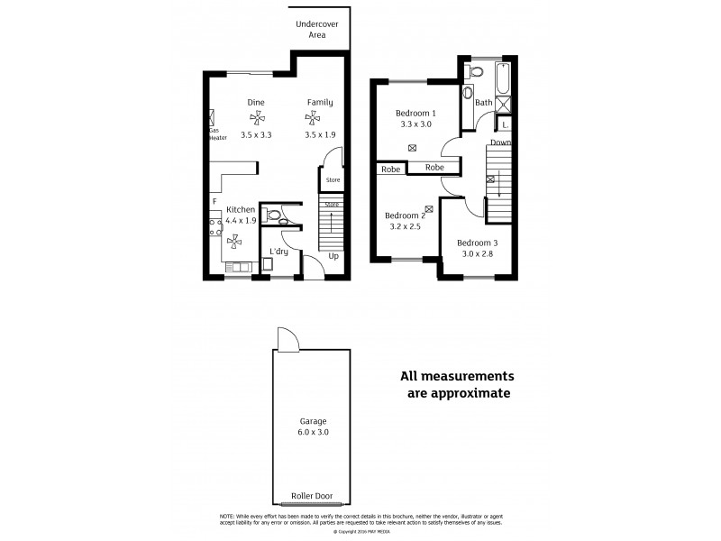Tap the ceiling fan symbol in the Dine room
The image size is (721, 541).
pyautogui.click(x=257, y=118)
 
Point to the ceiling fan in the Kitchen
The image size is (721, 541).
pyautogui.click(x=235, y=240)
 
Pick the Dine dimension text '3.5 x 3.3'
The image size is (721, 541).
pyautogui.click(x=257, y=134)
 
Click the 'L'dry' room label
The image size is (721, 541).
pyautogui.click(x=278, y=251)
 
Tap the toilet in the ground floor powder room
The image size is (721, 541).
pyautogui.click(x=274, y=215)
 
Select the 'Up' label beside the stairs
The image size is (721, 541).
pyautogui.click(x=333, y=255)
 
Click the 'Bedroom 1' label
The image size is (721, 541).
pyautogui.click(x=415, y=113)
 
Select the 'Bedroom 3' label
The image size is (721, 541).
pyautogui.click(x=476, y=243)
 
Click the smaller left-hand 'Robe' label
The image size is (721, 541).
pyautogui.click(x=390, y=169)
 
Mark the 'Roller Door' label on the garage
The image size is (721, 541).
pyautogui.click(x=313, y=495)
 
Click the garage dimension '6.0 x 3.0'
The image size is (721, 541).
pyautogui.click(x=313, y=433)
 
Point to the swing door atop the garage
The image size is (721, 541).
pyautogui.click(x=287, y=340)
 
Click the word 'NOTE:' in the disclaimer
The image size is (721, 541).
pyautogui.click(x=228, y=515)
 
